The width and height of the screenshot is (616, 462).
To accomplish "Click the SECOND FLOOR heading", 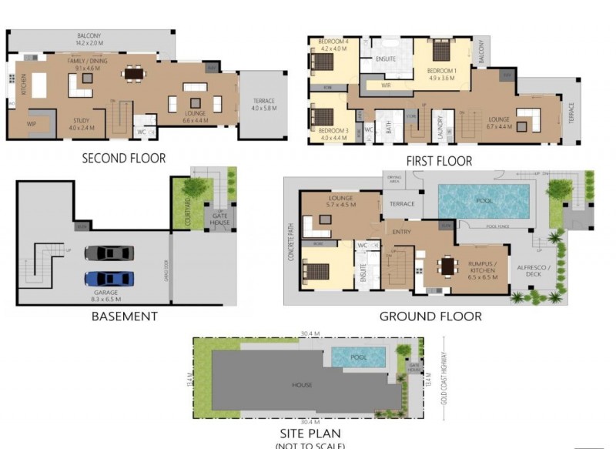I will [123, 159].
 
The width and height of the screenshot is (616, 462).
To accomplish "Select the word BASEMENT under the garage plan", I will [124, 316].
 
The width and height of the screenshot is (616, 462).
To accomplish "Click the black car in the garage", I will [109, 253].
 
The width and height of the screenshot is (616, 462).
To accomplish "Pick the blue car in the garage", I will [109, 279].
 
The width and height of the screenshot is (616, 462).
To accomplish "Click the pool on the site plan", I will [358, 357].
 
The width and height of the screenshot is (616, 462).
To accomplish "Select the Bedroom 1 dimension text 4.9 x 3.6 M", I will [443, 78].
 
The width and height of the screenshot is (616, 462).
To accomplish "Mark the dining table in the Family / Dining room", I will [134, 74].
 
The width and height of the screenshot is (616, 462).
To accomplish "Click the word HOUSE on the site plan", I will [302, 385].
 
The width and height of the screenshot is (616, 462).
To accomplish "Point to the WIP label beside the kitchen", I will [32, 123].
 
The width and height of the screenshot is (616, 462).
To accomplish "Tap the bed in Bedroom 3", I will [321, 118].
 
